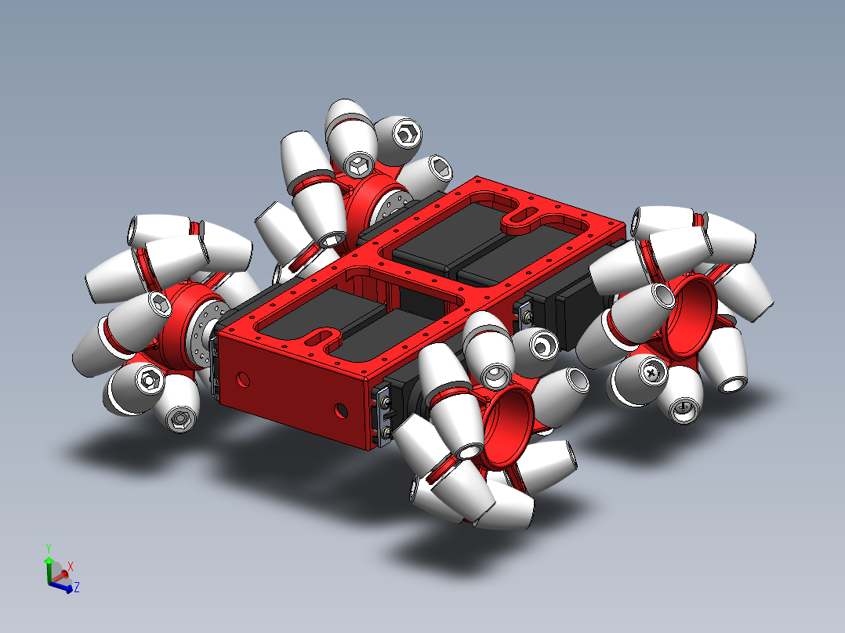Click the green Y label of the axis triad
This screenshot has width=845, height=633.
click(48, 548)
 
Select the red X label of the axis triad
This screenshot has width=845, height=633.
click(71, 566)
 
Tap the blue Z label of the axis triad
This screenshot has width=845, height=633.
click(76, 587)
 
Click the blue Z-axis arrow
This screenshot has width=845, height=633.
click(63, 584)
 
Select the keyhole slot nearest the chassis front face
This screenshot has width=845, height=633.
click(321, 338)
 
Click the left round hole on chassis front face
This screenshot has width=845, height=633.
click(243, 380)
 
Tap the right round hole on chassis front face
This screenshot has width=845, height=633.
click(339, 409)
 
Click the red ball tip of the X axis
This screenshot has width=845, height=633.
click(64, 574)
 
